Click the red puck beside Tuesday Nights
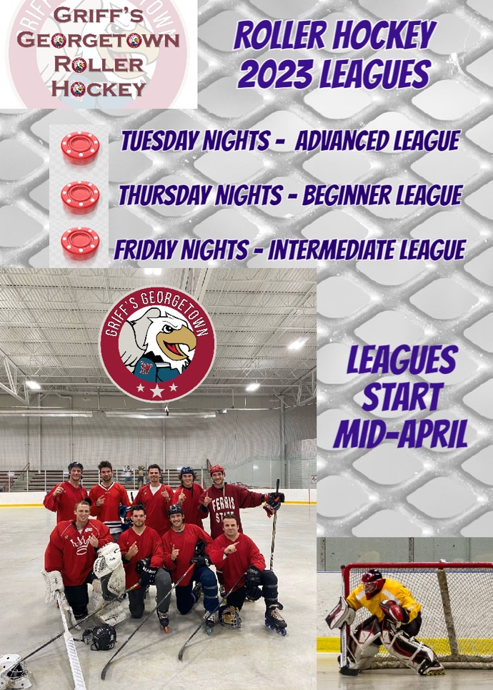coord(80,148)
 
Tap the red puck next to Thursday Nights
coord(80,197)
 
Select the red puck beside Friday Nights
coord(80,243)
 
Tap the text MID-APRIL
coord(401,433)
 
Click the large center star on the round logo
coord(157,391)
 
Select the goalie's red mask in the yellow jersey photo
coord(372,583)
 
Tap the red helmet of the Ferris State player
coord(216,470)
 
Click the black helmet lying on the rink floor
coord(100,637)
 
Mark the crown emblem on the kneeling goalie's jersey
coord(82,544)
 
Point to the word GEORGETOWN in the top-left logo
coord(98,40)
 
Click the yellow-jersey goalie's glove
coord(394,612)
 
